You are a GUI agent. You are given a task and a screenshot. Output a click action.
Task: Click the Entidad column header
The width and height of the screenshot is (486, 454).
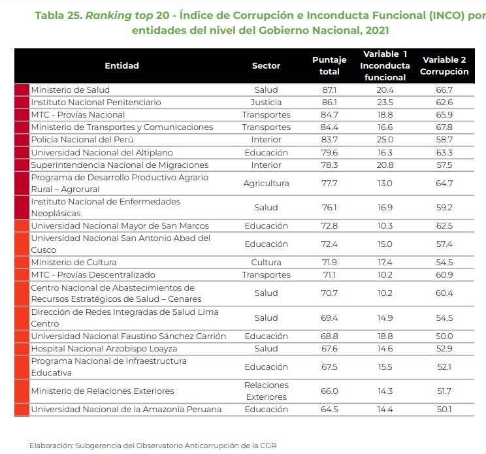[121, 65]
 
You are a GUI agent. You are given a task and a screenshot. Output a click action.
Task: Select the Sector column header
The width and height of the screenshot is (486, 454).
[266, 65]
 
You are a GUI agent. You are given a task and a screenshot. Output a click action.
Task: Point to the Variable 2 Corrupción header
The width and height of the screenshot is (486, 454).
[444, 65]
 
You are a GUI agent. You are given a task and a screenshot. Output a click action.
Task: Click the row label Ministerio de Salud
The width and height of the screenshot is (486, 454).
[70, 89]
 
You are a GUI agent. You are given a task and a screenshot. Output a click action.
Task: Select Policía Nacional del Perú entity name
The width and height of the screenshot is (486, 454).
[82, 140]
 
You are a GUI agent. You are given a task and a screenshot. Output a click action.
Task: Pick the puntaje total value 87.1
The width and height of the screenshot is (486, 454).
[329, 89]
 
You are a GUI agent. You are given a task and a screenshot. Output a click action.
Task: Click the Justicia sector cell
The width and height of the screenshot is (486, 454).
[266, 103]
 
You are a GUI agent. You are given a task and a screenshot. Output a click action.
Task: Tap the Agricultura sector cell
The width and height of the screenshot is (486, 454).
[266, 184]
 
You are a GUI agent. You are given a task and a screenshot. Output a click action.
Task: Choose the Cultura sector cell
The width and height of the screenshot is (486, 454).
[266, 263]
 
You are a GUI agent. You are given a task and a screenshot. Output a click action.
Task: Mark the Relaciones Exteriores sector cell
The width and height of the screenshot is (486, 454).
[266, 391]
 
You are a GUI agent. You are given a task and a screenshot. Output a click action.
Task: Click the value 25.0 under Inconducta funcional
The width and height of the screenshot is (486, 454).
[385, 140]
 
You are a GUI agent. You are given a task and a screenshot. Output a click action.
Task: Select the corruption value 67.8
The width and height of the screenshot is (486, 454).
[444, 127]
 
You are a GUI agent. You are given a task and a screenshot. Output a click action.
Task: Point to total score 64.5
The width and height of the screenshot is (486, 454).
[329, 410]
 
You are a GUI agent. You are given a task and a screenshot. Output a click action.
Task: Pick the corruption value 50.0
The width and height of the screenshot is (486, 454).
[444, 336]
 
